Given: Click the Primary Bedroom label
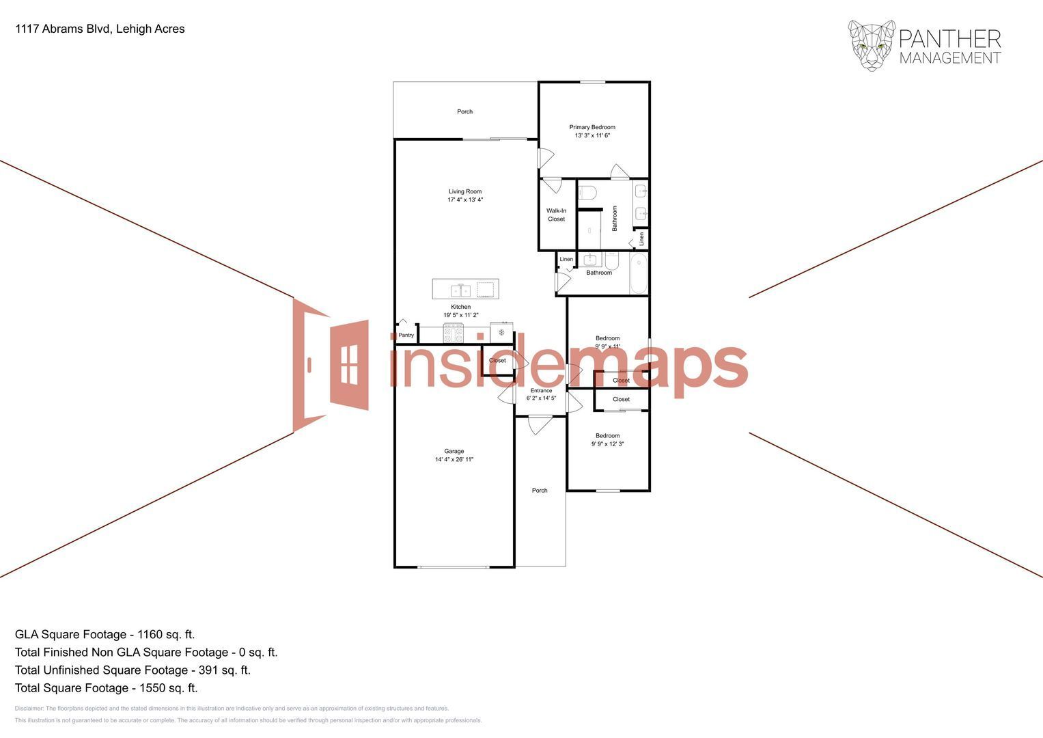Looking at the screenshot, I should pos(592,127).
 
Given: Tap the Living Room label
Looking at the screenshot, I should pos(464,192).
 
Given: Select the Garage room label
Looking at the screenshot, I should pos(454,451).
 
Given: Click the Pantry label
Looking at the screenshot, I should pos(406,335).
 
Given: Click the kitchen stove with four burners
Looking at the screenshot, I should pos(453,333).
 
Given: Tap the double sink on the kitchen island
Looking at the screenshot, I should pos(461,290).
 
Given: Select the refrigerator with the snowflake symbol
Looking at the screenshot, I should pos(501,332).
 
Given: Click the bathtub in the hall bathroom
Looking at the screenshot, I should pos(639,273).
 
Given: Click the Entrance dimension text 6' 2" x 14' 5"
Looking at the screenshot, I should pos(541,398).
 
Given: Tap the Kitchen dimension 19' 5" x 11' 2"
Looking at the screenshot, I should pos(460,315).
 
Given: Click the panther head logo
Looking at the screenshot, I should pos(872,45).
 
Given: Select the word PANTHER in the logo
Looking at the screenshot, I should pos(950,39).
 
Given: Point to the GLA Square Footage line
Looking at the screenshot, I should pos(105,634).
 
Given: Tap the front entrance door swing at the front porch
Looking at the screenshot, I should pos(540,424).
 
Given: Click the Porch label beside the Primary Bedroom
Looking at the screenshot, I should pos(464,111).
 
